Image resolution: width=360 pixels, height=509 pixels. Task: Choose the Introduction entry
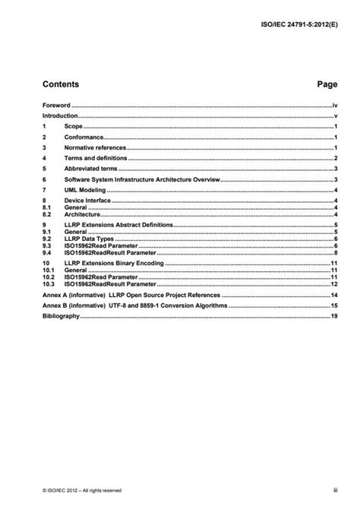(x=61, y=117)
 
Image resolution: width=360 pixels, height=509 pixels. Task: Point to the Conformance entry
(x=84, y=138)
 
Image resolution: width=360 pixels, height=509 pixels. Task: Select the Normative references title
(x=95, y=147)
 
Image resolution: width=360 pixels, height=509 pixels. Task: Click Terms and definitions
(x=93, y=158)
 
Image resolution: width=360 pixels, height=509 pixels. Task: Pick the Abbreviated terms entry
(x=90, y=169)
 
